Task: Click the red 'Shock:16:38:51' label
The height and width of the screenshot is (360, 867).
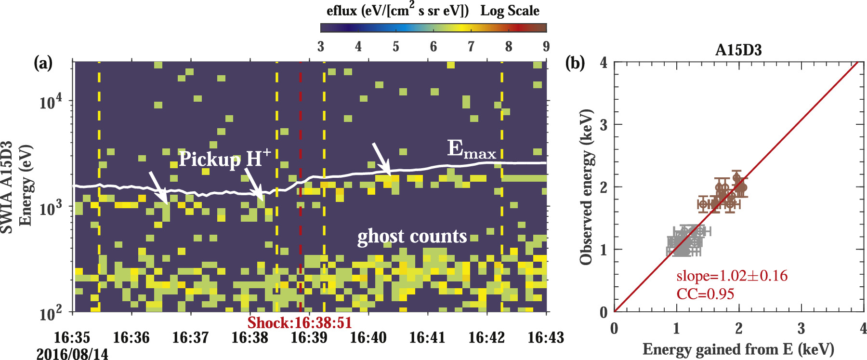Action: tap(300, 323)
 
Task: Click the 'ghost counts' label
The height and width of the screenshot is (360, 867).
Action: tap(412, 236)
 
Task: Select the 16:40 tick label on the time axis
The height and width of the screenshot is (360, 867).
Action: tap(368, 337)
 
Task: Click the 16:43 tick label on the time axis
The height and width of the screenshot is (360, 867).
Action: tap(545, 337)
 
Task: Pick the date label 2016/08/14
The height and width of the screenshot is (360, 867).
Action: tap(72, 354)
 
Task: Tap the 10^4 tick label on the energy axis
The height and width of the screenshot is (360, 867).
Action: tap(51, 102)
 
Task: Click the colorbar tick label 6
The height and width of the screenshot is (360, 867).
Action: tap(433, 47)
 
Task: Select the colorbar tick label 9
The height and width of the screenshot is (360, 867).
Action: tap(546, 47)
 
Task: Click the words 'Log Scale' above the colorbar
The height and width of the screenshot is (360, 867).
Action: tap(510, 11)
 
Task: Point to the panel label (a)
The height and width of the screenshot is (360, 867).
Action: tap(43, 63)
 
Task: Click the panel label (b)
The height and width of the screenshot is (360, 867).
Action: tap(575, 63)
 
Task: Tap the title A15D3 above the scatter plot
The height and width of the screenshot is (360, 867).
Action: tap(738, 50)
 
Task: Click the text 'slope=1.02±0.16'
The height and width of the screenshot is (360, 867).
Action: tap(732, 276)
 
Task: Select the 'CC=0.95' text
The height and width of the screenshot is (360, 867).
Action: tap(705, 294)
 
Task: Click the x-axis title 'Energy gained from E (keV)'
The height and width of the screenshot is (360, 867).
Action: tap(738, 349)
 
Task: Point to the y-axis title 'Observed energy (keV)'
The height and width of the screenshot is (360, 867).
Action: tap(586, 187)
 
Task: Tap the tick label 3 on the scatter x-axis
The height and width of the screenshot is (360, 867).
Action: tap(801, 329)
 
